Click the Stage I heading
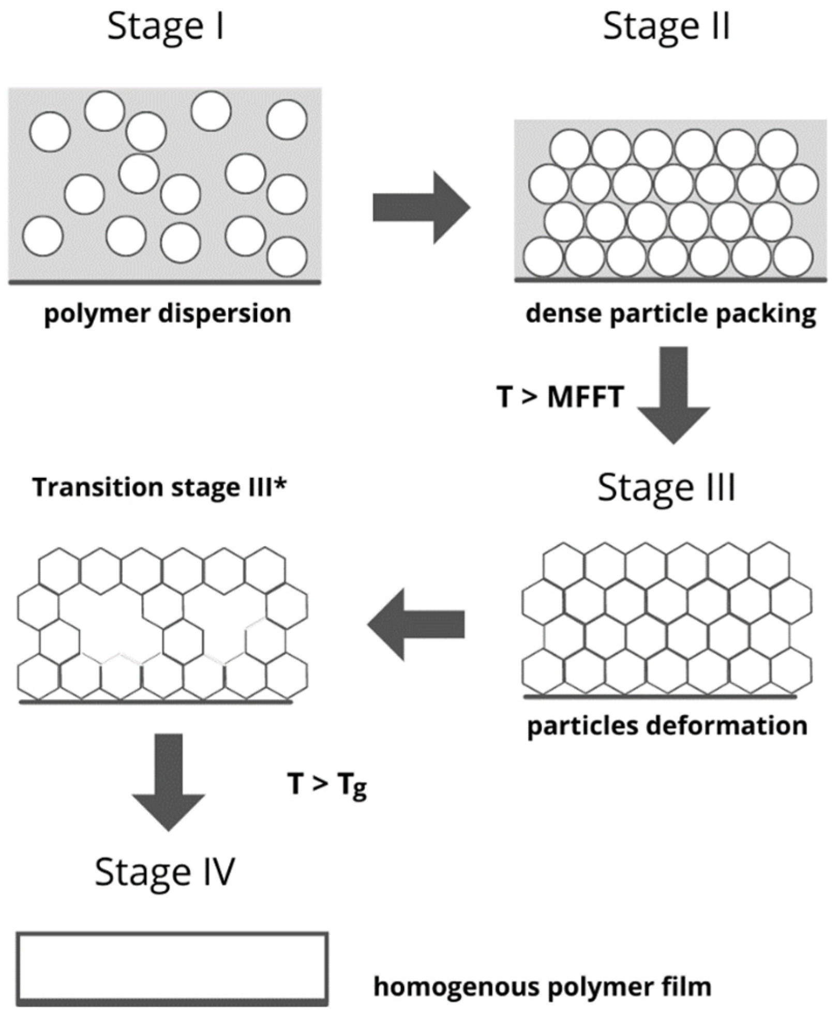pos(166,27)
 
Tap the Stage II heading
pos(666,27)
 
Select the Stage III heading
pos(666,487)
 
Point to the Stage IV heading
pos(165,872)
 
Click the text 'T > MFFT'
pos(560,397)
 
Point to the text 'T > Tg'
pos(327,784)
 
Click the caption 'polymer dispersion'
pos(168,313)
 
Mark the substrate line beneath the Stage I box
pos(164,282)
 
